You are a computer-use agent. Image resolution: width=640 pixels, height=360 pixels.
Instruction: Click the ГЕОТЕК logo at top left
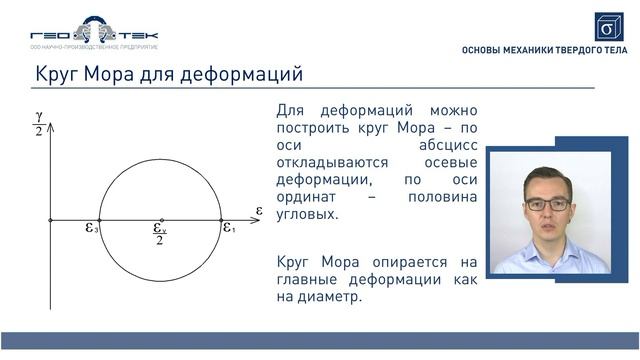pyautogui.click(x=94, y=33)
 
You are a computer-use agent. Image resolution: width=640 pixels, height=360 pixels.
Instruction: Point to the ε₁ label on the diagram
pyautogui.click(x=229, y=228)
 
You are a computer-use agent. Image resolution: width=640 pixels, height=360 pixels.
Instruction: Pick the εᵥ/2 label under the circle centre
pyautogui.click(x=160, y=233)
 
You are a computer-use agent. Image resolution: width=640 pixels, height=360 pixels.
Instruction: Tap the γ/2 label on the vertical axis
pyautogui.click(x=38, y=123)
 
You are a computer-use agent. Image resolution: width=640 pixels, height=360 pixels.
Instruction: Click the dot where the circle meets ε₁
pyautogui.click(x=221, y=219)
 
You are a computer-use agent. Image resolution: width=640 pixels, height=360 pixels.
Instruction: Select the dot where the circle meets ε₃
pyautogui.click(x=100, y=219)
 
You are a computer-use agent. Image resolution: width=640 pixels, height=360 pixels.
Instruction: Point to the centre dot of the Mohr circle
pyautogui.click(x=160, y=219)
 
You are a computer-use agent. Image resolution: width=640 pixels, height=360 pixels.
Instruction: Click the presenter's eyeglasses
pyautogui.click(x=548, y=204)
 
